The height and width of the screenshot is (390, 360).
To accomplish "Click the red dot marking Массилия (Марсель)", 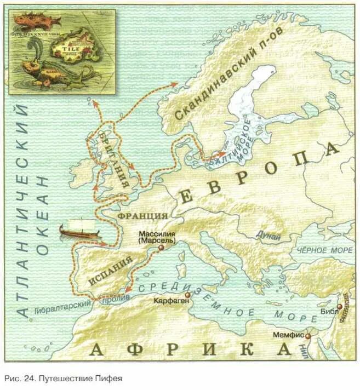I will tap(161, 248).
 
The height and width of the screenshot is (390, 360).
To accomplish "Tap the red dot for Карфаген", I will tap(187, 295).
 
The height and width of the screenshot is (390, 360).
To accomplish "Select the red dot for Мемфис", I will tap(308, 336).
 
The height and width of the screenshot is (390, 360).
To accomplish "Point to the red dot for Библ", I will tap(340, 307).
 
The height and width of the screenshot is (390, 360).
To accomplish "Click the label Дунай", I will tap(268, 236).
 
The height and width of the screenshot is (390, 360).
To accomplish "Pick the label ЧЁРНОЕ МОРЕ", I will tap(325, 250).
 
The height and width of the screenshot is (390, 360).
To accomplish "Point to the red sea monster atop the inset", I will tap(34, 21).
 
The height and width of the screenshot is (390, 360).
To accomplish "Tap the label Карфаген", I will tap(170, 301).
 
